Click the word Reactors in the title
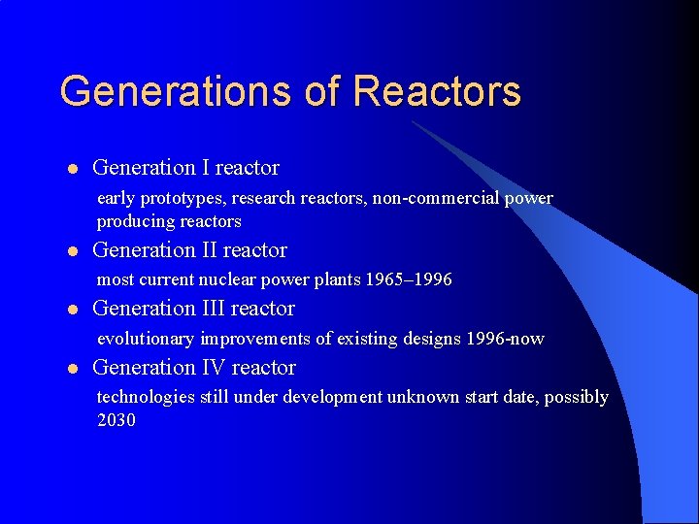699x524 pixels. (x=437, y=91)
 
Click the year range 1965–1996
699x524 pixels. (x=409, y=280)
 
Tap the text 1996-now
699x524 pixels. (x=505, y=339)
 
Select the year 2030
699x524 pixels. (x=116, y=420)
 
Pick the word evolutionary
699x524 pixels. (x=146, y=339)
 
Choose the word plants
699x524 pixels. (x=338, y=280)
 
